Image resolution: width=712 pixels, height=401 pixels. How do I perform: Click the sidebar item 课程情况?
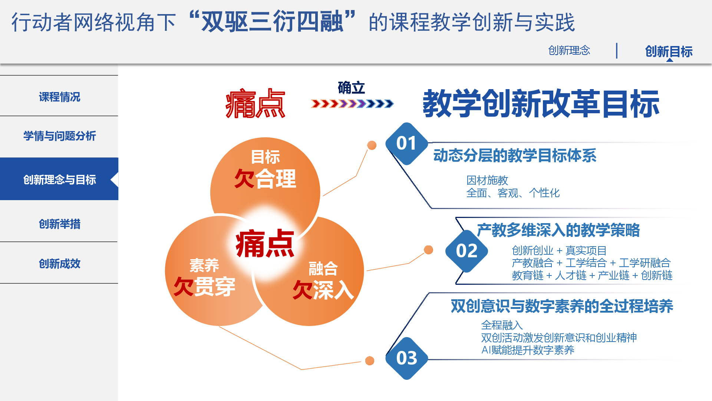[x=59, y=97]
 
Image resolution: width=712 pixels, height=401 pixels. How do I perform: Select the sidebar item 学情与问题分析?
[x=59, y=136]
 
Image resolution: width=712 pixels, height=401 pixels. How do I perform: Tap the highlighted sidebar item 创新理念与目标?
[x=59, y=179]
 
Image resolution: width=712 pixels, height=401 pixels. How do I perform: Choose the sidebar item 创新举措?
[x=59, y=224]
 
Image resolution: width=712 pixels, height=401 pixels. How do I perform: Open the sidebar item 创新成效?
[x=59, y=264]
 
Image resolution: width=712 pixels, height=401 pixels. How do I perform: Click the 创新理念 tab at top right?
[x=569, y=50]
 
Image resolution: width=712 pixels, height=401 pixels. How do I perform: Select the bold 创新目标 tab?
[x=669, y=51]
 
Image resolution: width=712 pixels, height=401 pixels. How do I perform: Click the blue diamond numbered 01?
[x=406, y=143]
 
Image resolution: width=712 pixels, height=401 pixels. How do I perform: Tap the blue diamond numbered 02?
[x=467, y=251]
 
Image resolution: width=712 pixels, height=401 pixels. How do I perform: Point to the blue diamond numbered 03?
[x=407, y=358]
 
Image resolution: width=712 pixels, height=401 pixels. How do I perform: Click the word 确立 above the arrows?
[x=351, y=88]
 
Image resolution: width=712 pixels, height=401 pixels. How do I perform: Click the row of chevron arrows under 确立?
[x=352, y=104]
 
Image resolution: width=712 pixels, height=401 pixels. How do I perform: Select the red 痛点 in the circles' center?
[x=265, y=244]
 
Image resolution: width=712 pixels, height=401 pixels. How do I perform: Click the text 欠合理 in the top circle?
[x=265, y=179]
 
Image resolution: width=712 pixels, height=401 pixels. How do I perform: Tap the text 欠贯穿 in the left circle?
[x=204, y=287]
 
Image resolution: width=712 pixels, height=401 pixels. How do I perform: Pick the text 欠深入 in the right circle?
[x=323, y=290]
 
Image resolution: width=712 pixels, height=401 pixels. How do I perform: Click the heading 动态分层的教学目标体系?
[x=515, y=155]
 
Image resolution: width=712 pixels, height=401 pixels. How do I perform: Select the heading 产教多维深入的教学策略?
[x=558, y=230]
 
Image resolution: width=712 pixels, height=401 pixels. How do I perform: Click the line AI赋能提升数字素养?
[x=528, y=350]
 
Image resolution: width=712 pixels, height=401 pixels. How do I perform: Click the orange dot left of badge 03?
[x=370, y=361]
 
